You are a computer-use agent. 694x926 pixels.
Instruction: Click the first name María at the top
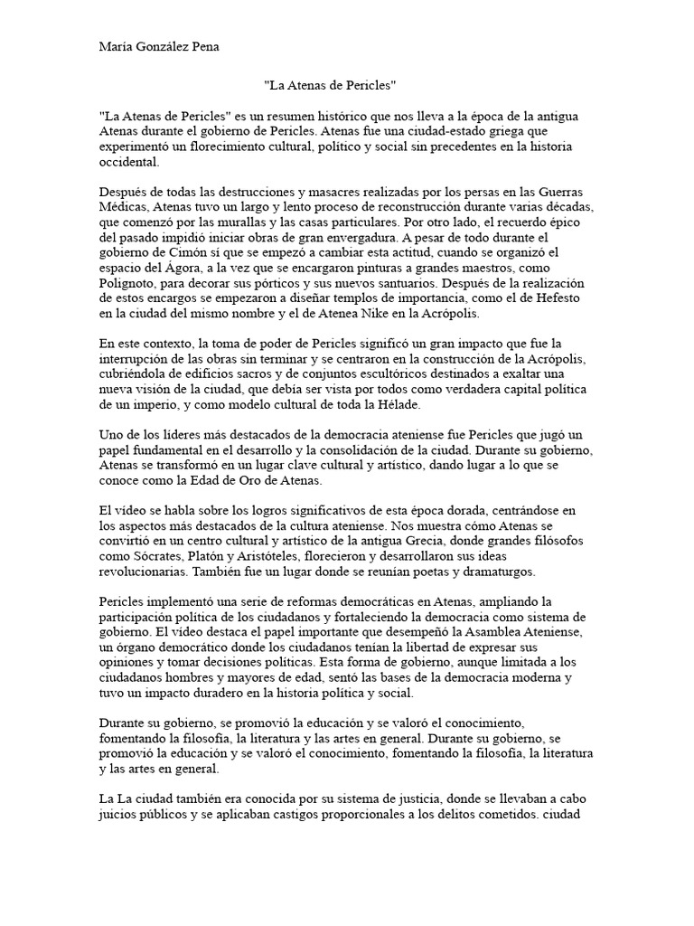point(116,46)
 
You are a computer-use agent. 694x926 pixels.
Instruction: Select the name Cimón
point(206,251)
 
